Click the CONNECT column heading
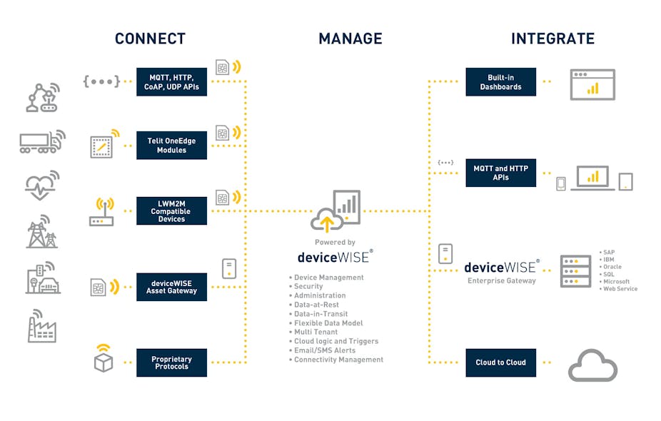click(150, 39)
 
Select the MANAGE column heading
click(350, 39)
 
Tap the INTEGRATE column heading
click(552, 39)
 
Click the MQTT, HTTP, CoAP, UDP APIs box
click(171, 82)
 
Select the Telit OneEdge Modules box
click(171, 146)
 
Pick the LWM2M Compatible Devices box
click(171, 211)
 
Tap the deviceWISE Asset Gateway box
click(171, 287)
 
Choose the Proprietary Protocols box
click(171, 362)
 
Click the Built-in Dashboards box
click(500, 82)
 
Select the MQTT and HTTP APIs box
click(500, 173)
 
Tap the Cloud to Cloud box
click(500, 362)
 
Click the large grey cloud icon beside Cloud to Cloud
click(592, 365)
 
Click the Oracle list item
click(612, 267)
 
